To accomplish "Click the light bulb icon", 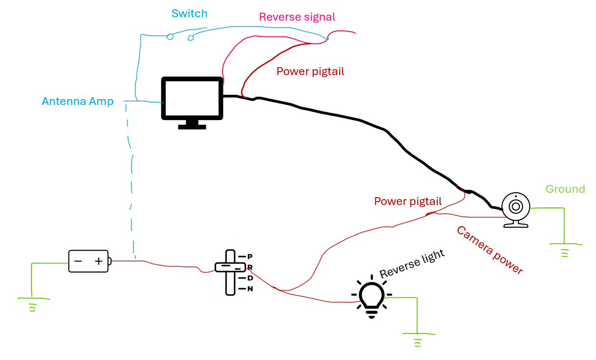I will tap(372, 298).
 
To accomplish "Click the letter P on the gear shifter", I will tap(250, 257).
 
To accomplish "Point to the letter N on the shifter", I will tap(250, 289).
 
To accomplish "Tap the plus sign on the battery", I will tap(99, 261).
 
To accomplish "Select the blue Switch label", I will tap(189, 14).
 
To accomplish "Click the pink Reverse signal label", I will tap(297, 17).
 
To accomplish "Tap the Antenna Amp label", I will tap(77, 102).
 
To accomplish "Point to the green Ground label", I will tap(565, 189).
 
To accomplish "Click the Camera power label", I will tap(490, 250).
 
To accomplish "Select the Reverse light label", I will tap(412, 264).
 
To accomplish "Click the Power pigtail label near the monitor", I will tap(310, 72).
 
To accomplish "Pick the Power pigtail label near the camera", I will tap(408, 202).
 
